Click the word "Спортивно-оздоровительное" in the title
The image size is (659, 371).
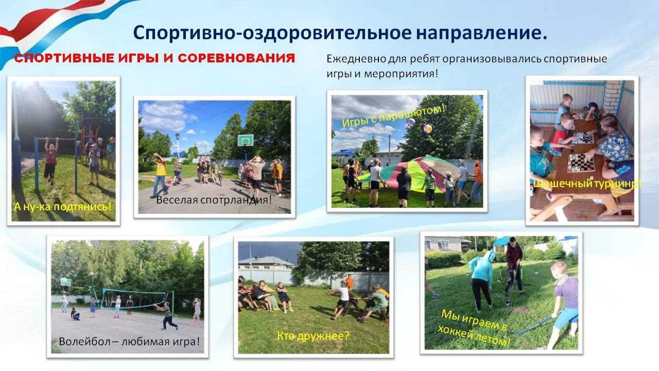[x=272, y=32]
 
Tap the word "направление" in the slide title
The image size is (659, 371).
[x=478, y=33]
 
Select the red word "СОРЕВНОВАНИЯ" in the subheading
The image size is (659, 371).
[x=236, y=58]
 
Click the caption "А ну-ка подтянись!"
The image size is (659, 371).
[x=63, y=207]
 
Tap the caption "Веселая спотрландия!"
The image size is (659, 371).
[x=214, y=200]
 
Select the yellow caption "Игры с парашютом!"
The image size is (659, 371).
[x=393, y=116]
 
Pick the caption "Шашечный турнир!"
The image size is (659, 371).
[x=586, y=184]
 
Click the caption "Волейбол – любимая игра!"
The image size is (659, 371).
[x=129, y=342]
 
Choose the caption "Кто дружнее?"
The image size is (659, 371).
[x=313, y=335]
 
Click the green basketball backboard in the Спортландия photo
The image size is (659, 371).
[x=246, y=140]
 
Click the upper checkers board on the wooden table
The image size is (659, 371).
[x=583, y=138]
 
